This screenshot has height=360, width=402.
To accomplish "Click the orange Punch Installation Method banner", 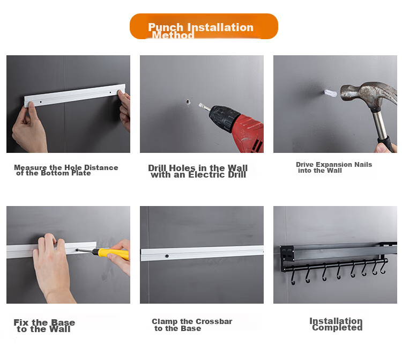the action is [x=204, y=26].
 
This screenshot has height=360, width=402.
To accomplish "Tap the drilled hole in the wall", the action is [x=188, y=102].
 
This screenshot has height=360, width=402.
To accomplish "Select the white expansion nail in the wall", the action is [x=331, y=93].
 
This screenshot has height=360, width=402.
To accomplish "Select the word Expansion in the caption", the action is [x=334, y=165].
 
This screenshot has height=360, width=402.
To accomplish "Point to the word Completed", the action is [x=337, y=328].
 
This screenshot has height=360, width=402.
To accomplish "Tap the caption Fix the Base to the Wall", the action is [x=44, y=326].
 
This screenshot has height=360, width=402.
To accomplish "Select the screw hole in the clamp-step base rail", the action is [x=167, y=256].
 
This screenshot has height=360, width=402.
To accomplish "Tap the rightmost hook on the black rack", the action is [x=383, y=267].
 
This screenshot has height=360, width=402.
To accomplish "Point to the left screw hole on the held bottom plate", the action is [x=41, y=102].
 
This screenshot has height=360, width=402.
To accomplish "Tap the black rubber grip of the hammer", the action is [x=386, y=144].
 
